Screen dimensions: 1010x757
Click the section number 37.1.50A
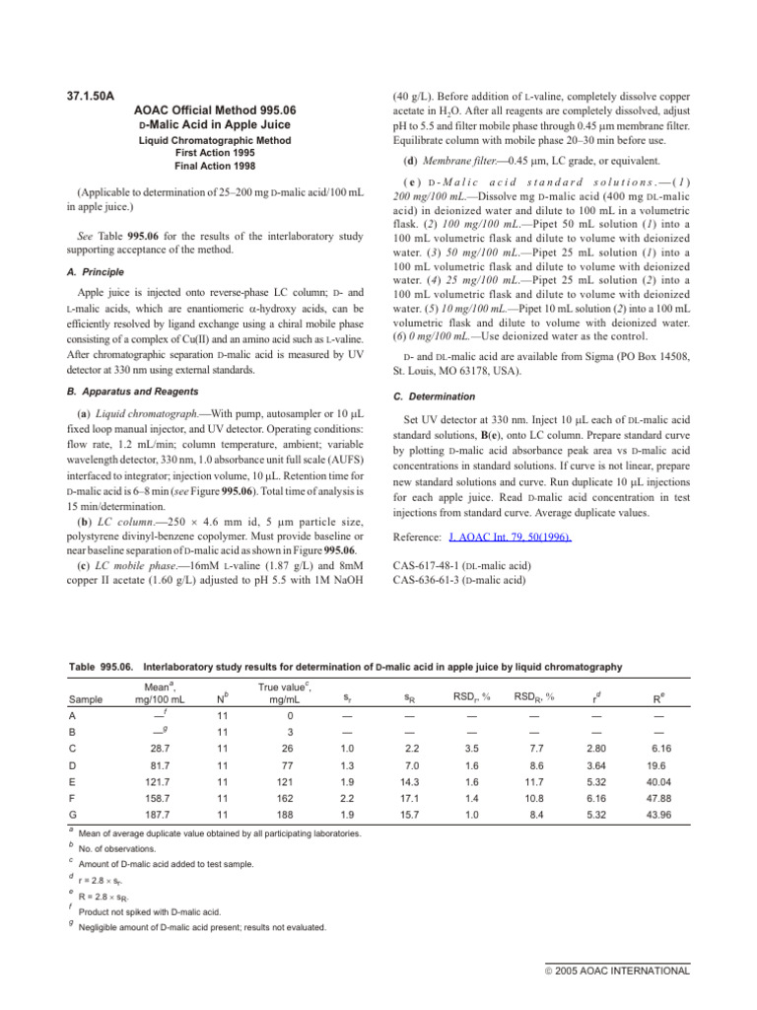click(x=89, y=96)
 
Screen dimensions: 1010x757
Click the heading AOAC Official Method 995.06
click(x=217, y=111)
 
